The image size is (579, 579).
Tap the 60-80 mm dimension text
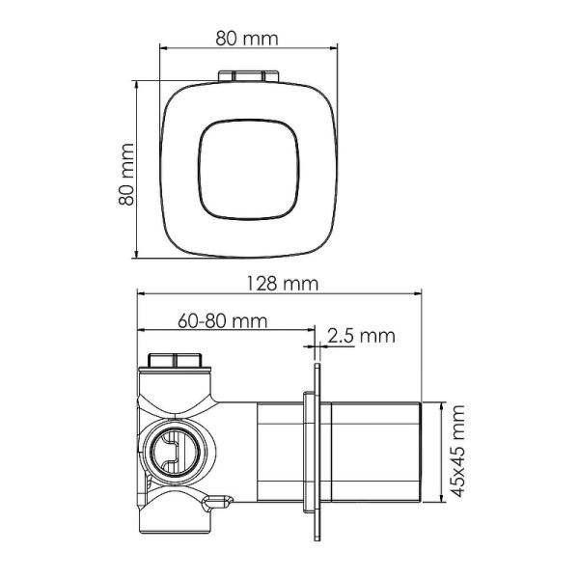tap(223, 320)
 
